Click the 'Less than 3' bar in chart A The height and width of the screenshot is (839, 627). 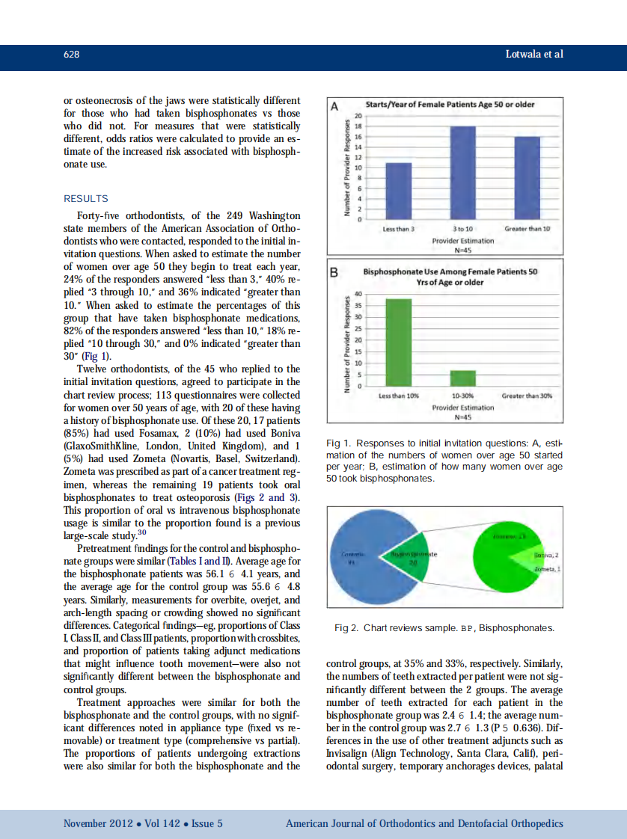tap(398, 191)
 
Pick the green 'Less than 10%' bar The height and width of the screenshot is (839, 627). tap(398, 342)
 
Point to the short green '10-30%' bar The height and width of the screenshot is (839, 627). tap(462, 378)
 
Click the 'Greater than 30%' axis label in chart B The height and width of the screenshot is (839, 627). tap(527, 395)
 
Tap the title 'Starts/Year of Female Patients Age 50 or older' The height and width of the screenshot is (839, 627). tap(450, 105)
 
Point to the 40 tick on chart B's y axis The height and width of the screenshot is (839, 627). tap(358, 294)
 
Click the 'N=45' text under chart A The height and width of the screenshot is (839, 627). tap(462, 250)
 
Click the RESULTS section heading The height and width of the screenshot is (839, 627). tap(85, 199)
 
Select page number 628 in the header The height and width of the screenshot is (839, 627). tap(72, 55)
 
